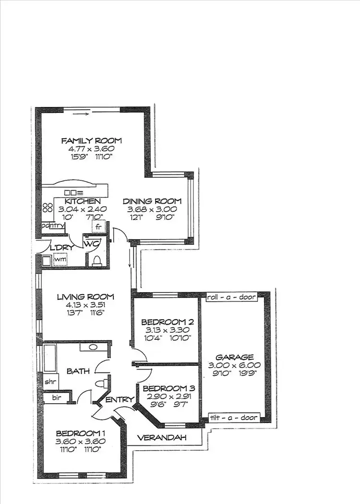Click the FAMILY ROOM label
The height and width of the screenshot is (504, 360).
pyautogui.click(x=91, y=141)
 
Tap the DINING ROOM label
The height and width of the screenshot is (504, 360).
pyautogui.click(x=152, y=201)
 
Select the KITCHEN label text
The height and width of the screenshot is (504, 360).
pyautogui.click(x=83, y=201)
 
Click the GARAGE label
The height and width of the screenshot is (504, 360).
pyautogui.click(x=234, y=357)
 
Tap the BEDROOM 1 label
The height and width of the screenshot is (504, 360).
pyautogui.click(x=81, y=432)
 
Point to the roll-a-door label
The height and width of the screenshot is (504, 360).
pyautogui.click(x=232, y=298)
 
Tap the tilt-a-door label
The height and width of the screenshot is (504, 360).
pyautogui.click(x=235, y=418)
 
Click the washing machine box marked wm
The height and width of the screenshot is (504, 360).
pyautogui.click(x=60, y=260)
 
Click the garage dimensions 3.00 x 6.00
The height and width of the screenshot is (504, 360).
pyautogui.click(x=234, y=365)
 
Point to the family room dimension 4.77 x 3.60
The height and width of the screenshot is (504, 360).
pyautogui.click(x=91, y=149)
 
